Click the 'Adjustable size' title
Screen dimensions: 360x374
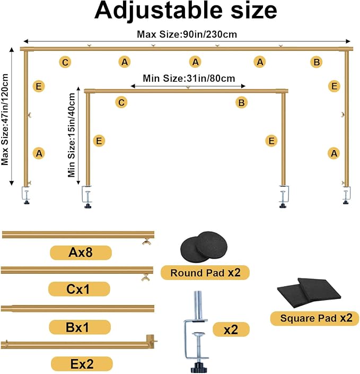point(186,11)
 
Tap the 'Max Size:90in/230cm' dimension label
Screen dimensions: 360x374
point(187,34)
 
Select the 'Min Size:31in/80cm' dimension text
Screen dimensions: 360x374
point(189,78)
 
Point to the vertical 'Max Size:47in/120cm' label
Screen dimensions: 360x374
point(5,119)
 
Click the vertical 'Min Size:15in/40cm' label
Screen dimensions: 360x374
point(71,135)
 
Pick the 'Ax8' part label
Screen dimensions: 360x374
point(81,253)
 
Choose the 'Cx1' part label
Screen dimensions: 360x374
point(79,289)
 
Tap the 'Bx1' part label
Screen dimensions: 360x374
point(80,327)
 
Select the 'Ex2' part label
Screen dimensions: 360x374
point(82,364)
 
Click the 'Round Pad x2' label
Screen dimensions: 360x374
point(205,273)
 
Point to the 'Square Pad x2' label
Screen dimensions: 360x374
point(314,318)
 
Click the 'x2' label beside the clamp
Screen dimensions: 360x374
point(231,329)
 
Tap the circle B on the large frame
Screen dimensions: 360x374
point(317,62)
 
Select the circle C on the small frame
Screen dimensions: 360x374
point(121,102)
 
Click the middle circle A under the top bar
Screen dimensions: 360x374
point(195,62)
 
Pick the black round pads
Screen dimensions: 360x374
point(204,246)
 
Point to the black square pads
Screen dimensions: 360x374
point(309,293)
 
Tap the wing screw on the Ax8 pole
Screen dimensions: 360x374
point(146,242)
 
